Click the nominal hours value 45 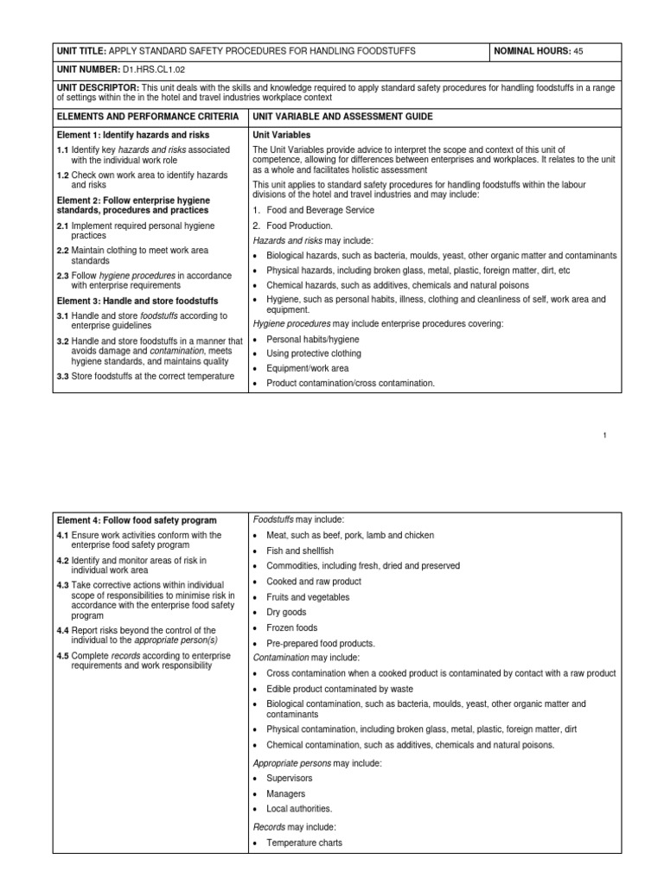(x=578, y=52)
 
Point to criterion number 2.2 (x=64, y=250)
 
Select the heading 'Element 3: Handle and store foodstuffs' (x=136, y=300)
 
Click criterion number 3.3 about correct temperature (x=64, y=376)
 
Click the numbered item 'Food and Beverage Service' (x=320, y=210)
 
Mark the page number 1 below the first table (x=606, y=435)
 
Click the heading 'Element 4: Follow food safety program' (x=136, y=520)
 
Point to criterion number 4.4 (x=64, y=630)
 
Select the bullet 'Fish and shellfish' (x=300, y=551)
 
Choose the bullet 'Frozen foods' (x=291, y=627)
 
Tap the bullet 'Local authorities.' (x=299, y=809)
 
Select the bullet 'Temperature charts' (x=304, y=842)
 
